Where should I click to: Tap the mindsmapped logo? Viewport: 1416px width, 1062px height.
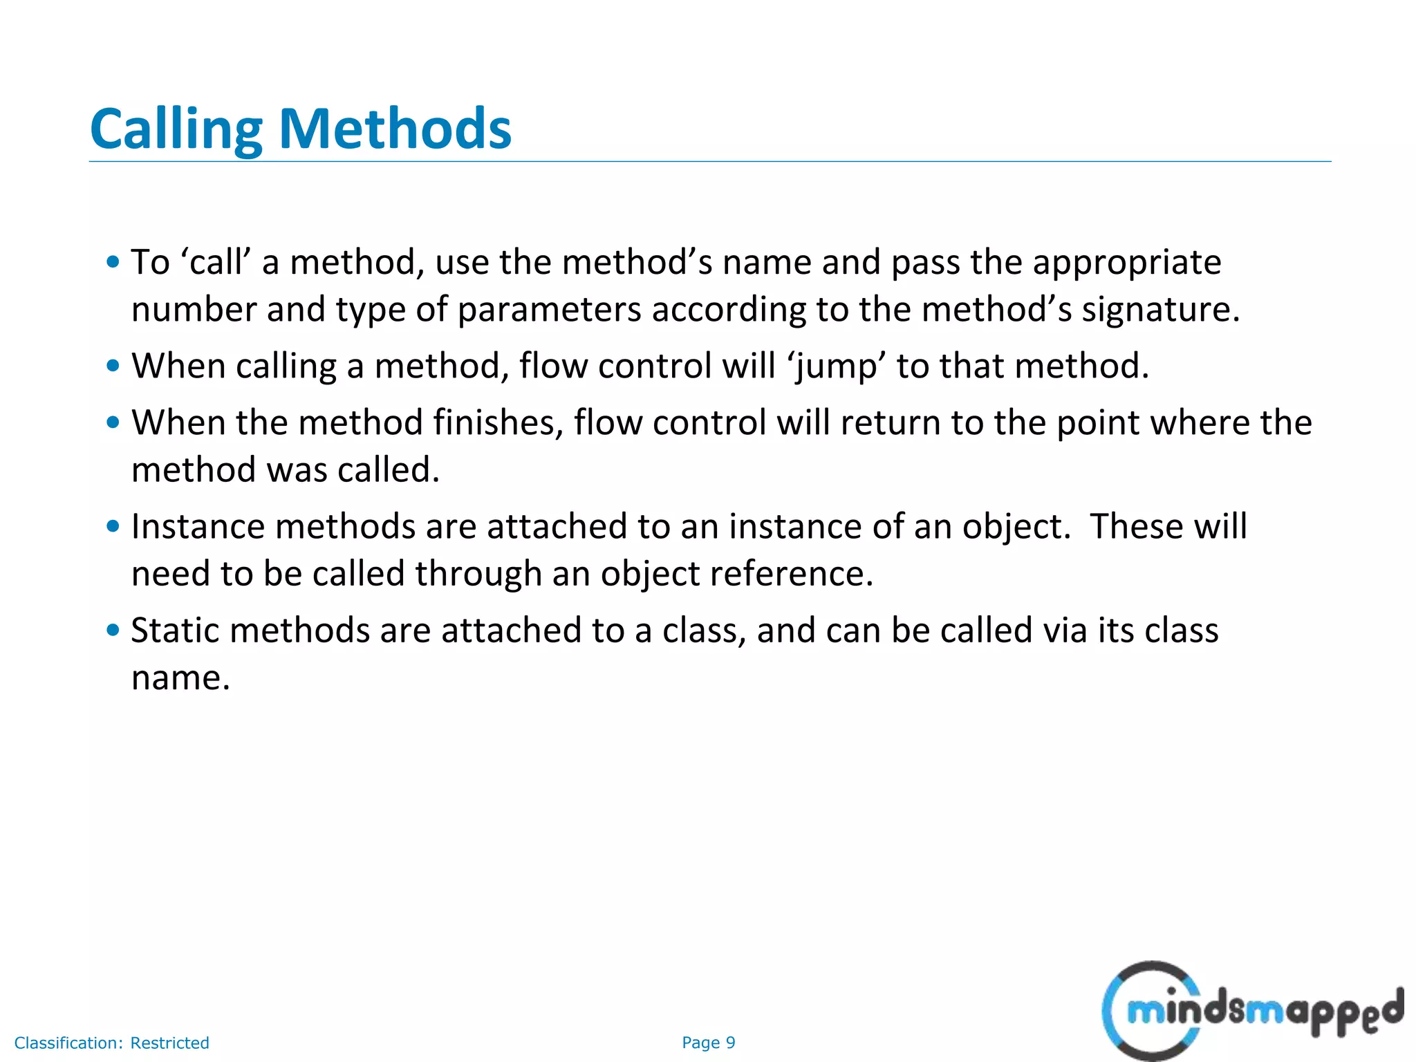coord(1251,1011)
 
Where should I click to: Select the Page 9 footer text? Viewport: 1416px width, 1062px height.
coord(708,1043)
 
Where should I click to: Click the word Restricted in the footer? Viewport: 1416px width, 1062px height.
coord(169,1043)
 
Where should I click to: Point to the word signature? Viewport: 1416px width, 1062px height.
coord(1160,310)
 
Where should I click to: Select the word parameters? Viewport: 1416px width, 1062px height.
coord(550,310)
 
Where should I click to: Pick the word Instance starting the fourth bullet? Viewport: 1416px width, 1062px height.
coord(198,527)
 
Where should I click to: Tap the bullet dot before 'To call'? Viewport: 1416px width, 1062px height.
coord(113,262)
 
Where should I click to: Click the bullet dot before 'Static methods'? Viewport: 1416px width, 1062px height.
coord(113,630)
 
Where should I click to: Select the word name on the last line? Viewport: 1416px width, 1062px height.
coord(180,678)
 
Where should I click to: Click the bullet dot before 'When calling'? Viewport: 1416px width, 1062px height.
coord(113,366)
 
